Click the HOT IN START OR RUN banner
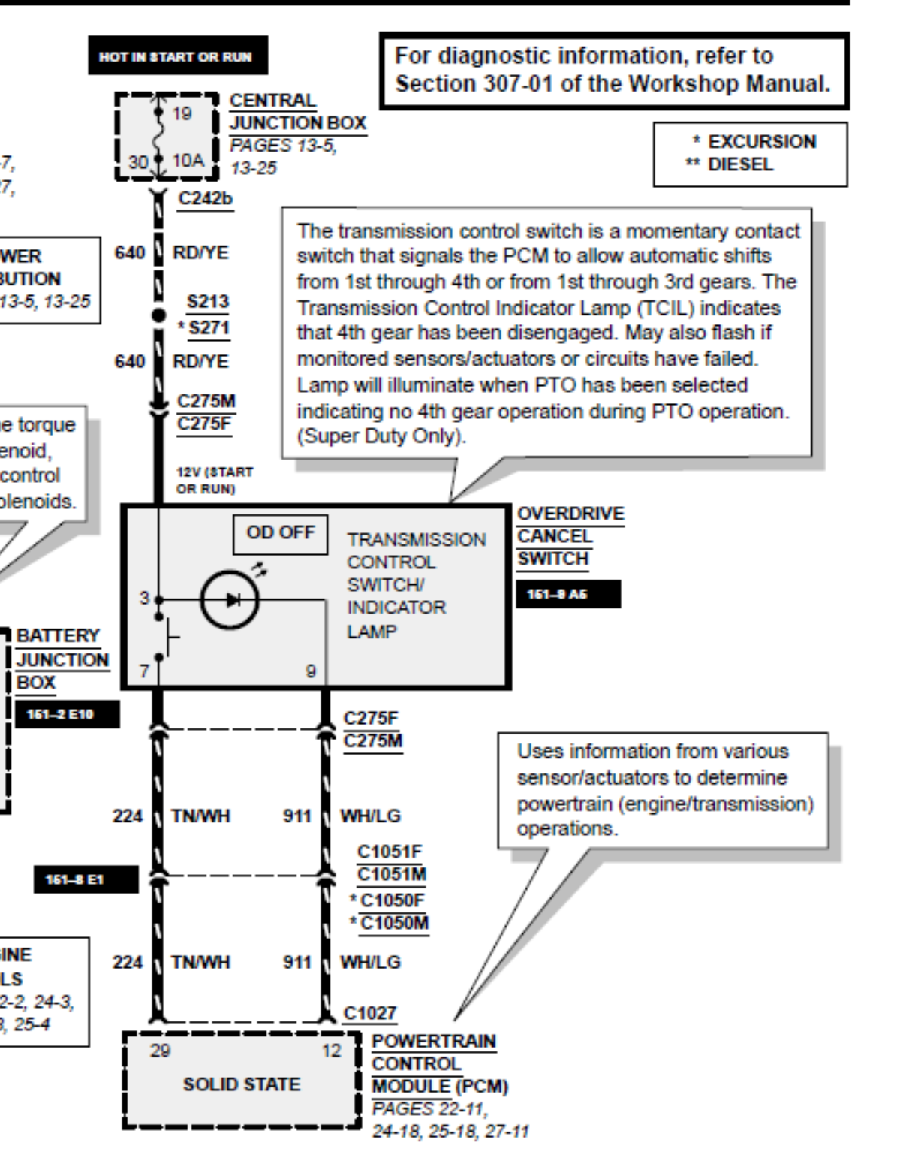click(177, 56)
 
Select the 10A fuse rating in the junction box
click(187, 159)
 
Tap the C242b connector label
click(205, 198)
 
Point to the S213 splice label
click(208, 302)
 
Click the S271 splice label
click(209, 328)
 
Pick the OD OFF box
click(280, 533)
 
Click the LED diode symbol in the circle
click(230, 599)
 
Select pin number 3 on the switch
click(143, 598)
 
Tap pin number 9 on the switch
click(310, 671)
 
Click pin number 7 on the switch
click(143, 671)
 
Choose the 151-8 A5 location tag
click(567, 595)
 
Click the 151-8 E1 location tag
click(86, 879)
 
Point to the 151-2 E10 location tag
click(67, 714)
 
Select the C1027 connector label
click(369, 1013)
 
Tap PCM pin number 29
click(159, 1051)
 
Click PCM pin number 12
click(331, 1051)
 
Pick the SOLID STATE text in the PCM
click(242, 1084)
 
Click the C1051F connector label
click(389, 852)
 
